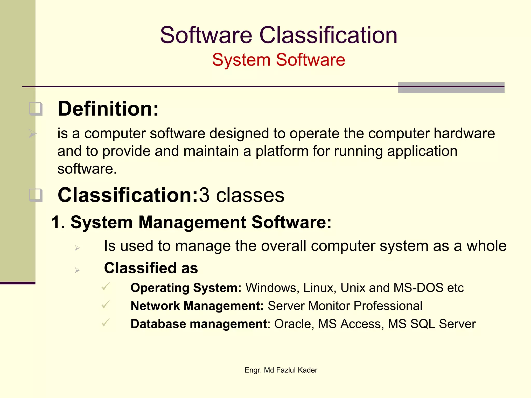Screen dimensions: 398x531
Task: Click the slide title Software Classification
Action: [278, 35]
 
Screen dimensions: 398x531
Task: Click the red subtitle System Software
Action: [278, 60]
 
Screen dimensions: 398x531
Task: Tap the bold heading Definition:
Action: [108, 109]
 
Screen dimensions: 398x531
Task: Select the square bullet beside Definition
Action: [36, 109]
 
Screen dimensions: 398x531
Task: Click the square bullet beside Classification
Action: [36, 195]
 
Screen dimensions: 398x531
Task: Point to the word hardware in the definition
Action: [464, 133]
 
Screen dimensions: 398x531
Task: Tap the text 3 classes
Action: [242, 195]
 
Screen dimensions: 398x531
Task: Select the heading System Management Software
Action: [191, 222]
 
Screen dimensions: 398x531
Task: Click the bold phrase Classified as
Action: [151, 268]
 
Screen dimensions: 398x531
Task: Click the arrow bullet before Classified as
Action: [77, 270]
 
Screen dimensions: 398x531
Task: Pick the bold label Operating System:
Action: [186, 288]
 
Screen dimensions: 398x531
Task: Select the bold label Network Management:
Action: [197, 306]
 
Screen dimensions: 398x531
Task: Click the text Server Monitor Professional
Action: [345, 306]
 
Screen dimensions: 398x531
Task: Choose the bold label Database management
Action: [199, 324]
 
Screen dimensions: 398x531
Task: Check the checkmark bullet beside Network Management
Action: [106, 304]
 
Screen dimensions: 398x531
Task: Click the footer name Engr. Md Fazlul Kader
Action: [281, 370]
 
